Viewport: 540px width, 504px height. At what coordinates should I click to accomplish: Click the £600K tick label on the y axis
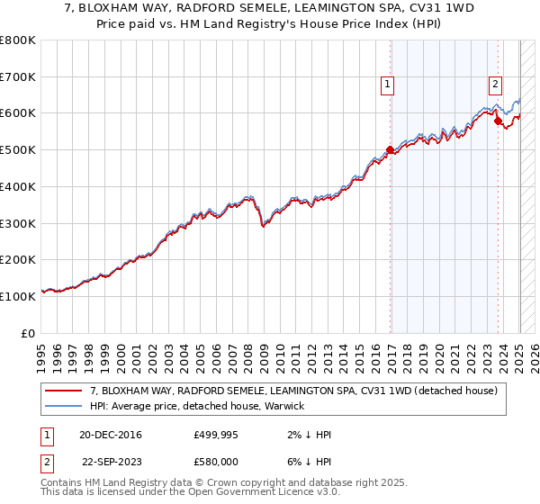pyautogui.click(x=18, y=113)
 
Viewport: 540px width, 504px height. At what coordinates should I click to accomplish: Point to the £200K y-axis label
pyautogui.click(x=18, y=259)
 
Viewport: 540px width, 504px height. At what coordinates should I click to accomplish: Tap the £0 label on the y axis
pyautogui.click(x=29, y=332)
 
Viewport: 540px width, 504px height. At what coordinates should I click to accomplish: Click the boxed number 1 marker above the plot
pyautogui.click(x=387, y=85)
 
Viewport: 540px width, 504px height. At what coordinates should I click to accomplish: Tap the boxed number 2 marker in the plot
pyautogui.click(x=495, y=85)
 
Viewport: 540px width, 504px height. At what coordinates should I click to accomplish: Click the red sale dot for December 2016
pyautogui.click(x=390, y=150)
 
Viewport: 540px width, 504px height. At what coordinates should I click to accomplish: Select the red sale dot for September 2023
pyautogui.click(x=498, y=120)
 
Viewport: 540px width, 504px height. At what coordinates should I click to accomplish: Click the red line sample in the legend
pyautogui.click(x=63, y=391)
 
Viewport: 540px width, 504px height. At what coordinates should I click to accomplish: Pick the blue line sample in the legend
pyautogui.click(x=63, y=406)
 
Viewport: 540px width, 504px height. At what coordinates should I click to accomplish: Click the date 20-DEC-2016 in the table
pyautogui.click(x=111, y=435)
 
